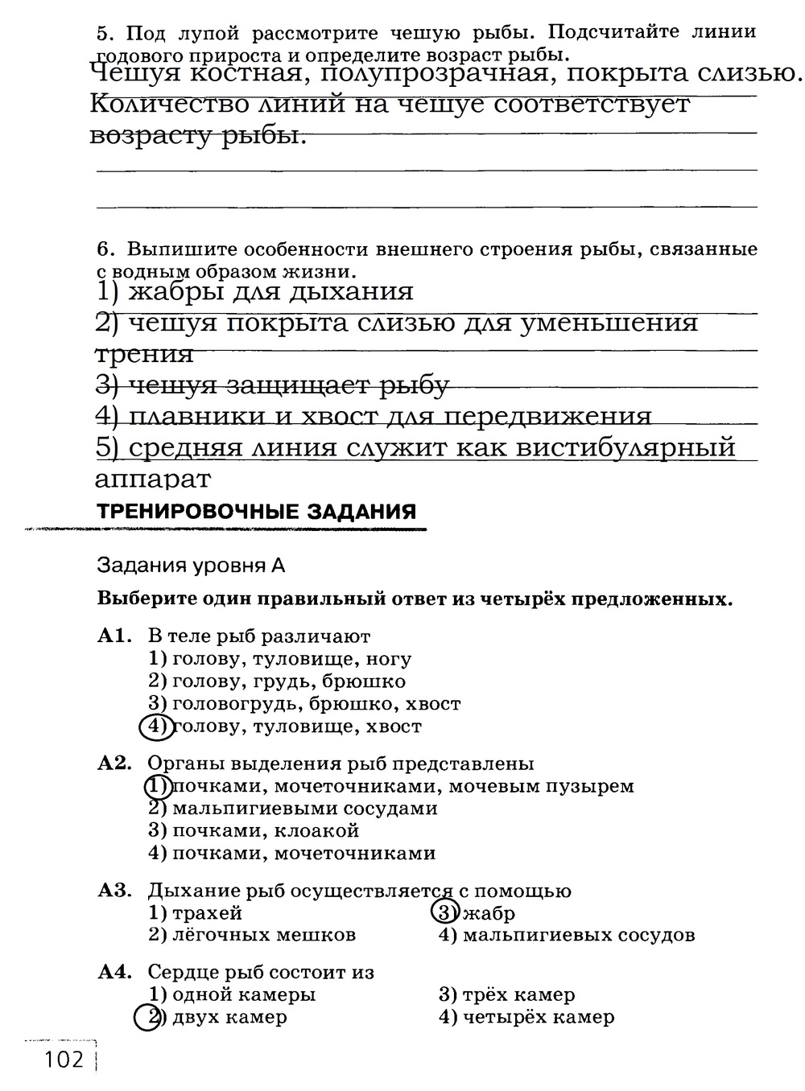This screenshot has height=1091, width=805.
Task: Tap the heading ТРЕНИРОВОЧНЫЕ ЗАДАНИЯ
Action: click(x=256, y=511)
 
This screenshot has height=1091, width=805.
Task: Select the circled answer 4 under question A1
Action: click(x=156, y=727)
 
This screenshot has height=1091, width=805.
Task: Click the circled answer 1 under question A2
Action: click(x=158, y=786)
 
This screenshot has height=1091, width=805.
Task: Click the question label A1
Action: click(x=113, y=636)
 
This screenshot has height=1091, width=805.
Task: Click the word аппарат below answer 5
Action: click(x=153, y=480)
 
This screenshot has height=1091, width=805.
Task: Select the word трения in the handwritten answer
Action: click(x=144, y=354)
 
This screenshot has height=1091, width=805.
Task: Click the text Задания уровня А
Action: click(x=191, y=565)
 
